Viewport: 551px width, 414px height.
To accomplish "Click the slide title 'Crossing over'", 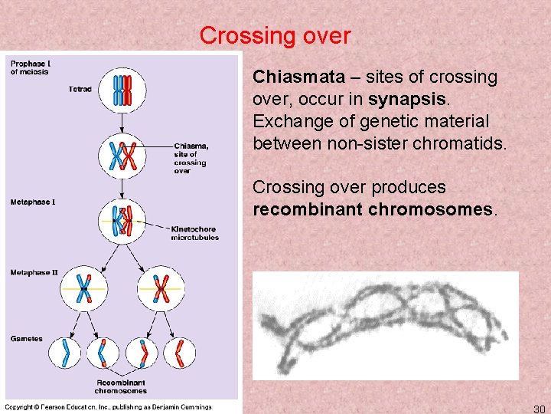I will [x=275, y=35].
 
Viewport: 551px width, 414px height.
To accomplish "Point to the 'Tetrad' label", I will [x=80, y=89].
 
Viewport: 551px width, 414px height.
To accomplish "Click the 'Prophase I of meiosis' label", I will [x=29, y=67].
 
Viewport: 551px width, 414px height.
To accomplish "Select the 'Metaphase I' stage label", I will [x=32, y=202].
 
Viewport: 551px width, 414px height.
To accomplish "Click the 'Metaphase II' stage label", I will [x=34, y=272].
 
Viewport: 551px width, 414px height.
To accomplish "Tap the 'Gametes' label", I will [x=26, y=338].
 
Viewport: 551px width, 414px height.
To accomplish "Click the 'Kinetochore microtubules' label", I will [x=194, y=233].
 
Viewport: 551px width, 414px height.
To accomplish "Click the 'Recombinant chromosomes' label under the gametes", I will [x=121, y=386].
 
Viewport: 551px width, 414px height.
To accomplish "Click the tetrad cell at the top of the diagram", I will [x=122, y=89].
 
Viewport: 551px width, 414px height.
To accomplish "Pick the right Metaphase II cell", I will [x=161, y=289].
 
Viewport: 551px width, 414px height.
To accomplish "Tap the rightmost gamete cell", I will [x=180, y=353].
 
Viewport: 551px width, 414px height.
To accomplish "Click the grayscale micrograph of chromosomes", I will [x=385, y=327].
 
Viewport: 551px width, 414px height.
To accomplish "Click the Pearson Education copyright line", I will [x=109, y=406].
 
